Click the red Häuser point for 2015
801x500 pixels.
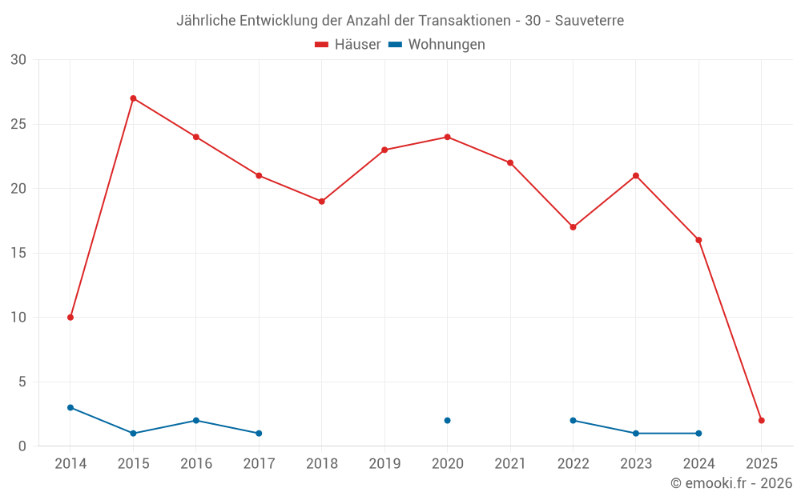(x=133, y=98)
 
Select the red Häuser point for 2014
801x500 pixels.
(x=70, y=318)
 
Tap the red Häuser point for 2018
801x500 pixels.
(x=321, y=202)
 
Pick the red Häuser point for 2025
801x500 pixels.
(x=761, y=421)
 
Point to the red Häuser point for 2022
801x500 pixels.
(x=573, y=227)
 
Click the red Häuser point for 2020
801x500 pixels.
(x=447, y=137)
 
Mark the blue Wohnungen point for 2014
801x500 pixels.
(x=70, y=407)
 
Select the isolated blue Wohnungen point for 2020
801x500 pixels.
(x=447, y=421)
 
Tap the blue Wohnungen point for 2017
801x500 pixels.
(x=259, y=434)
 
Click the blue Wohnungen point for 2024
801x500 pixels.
(x=698, y=434)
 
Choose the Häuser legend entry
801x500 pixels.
(x=348, y=45)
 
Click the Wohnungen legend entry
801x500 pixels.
(x=437, y=45)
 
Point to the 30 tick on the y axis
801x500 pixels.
(x=18, y=60)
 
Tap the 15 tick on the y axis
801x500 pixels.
(x=18, y=254)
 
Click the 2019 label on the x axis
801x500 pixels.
(x=384, y=463)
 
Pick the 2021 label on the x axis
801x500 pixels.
(x=510, y=463)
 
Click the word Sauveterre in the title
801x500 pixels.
(x=590, y=21)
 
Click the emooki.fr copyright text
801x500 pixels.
(x=731, y=483)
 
